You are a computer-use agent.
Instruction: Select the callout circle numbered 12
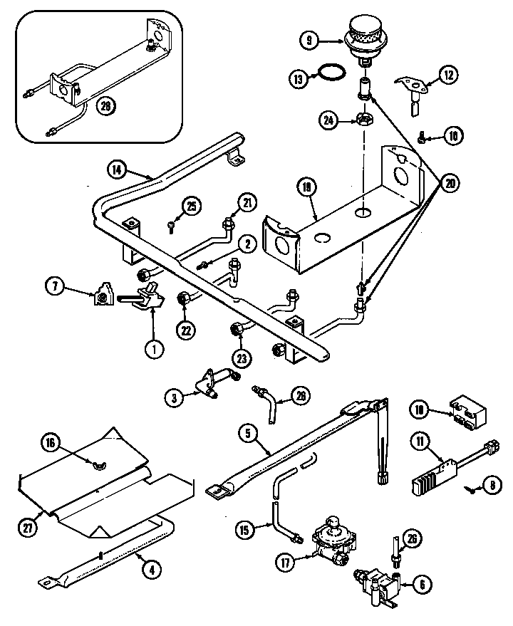(x=447, y=74)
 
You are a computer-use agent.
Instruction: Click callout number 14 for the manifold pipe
(x=118, y=169)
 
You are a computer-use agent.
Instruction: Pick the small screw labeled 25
(x=172, y=226)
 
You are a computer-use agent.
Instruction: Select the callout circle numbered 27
(x=28, y=528)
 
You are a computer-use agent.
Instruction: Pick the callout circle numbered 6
(x=421, y=585)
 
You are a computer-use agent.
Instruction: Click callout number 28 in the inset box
(x=106, y=106)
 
